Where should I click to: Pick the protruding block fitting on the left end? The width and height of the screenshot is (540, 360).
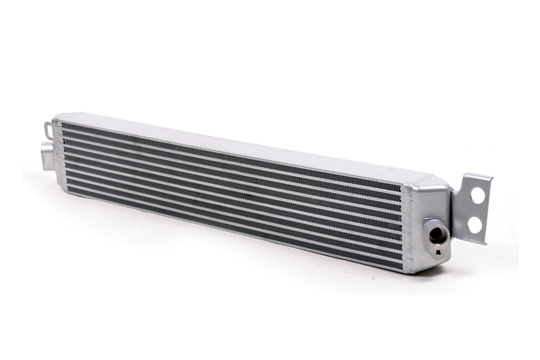coord(46,154)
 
